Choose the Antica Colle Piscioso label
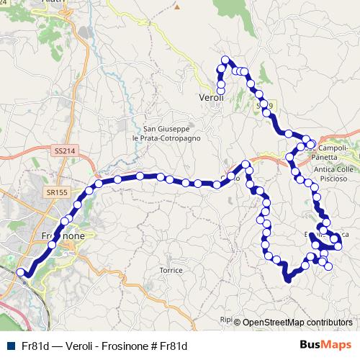point(335,174)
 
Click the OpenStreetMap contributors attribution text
point(297,322)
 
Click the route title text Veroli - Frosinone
point(102,346)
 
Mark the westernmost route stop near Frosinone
point(21,272)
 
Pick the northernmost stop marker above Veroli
point(225,60)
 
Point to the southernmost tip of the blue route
point(287,281)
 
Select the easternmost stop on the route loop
point(337,248)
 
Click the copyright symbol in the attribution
point(237,323)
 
